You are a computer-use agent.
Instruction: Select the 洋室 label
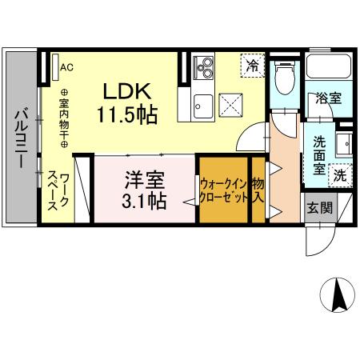coord(145,177)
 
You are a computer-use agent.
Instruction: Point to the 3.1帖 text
coord(145,200)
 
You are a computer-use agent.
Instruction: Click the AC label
coord(66,67)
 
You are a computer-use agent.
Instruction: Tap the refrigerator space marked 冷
coord(253,65)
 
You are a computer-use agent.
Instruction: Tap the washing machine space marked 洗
coord(340,174)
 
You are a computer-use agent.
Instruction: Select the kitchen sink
coord(202,103)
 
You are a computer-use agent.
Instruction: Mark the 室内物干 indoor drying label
coord(65,119)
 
